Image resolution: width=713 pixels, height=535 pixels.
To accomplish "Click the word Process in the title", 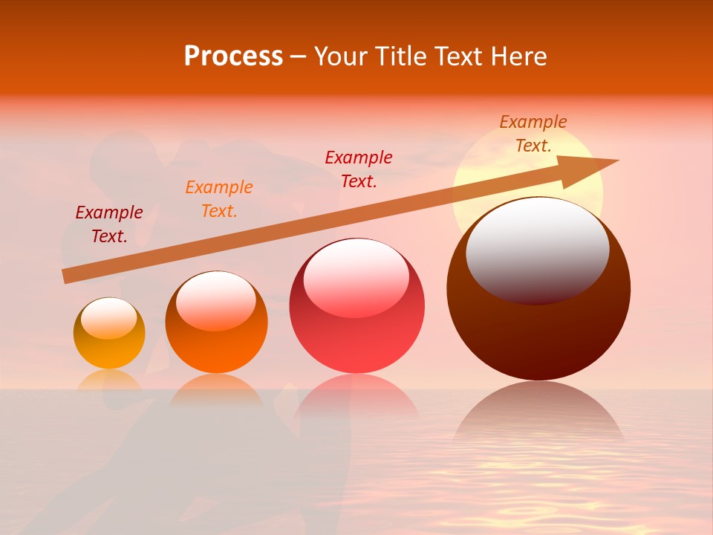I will pyautogui.click(x=233, y=56).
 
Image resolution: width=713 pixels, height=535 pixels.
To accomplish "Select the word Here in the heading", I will pyautogui.click(x=516, y=56).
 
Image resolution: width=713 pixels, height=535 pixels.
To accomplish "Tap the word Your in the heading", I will pyautogui.click(x=341, y=56).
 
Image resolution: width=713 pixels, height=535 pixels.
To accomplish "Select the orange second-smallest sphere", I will pyautogui.click(x=216, y=323).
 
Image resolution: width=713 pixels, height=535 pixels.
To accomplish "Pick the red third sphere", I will pyautogui.click(x=356, y=306).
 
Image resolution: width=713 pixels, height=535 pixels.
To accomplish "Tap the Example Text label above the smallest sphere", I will pyautogui.click(x=109, y=224).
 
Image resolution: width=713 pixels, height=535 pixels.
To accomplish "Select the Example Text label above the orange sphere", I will pyautogui.click(x=219, y=199).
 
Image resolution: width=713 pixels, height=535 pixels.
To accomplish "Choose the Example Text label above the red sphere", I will pyautogui.click(x=359, y=169).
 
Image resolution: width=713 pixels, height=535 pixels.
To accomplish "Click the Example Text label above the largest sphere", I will pyautogui.click(x=533, y=134).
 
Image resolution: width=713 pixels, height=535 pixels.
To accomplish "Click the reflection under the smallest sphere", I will pyautogui.click(x=109, y=380).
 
